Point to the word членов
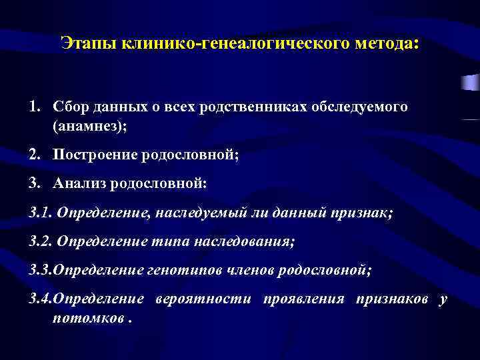tap(251, 269)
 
